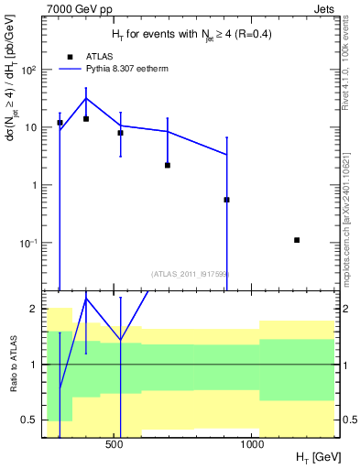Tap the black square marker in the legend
point(71,55)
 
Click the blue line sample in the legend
point(71,68)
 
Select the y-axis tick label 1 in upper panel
point(34,185)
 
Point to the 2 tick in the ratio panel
point(33,309)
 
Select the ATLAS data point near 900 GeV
point(226,200)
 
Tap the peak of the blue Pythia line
point(86,98)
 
